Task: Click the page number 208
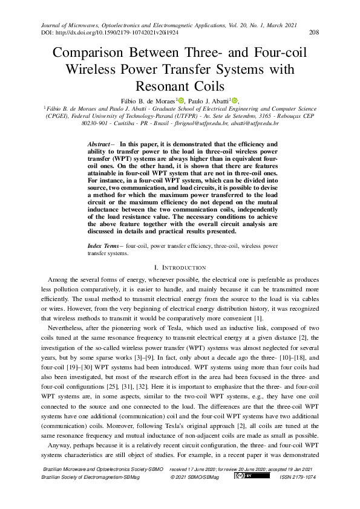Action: click(x=314, y=33)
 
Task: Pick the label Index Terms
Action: click(x=104, y=247)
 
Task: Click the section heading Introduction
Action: click(x=185, y=267)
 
